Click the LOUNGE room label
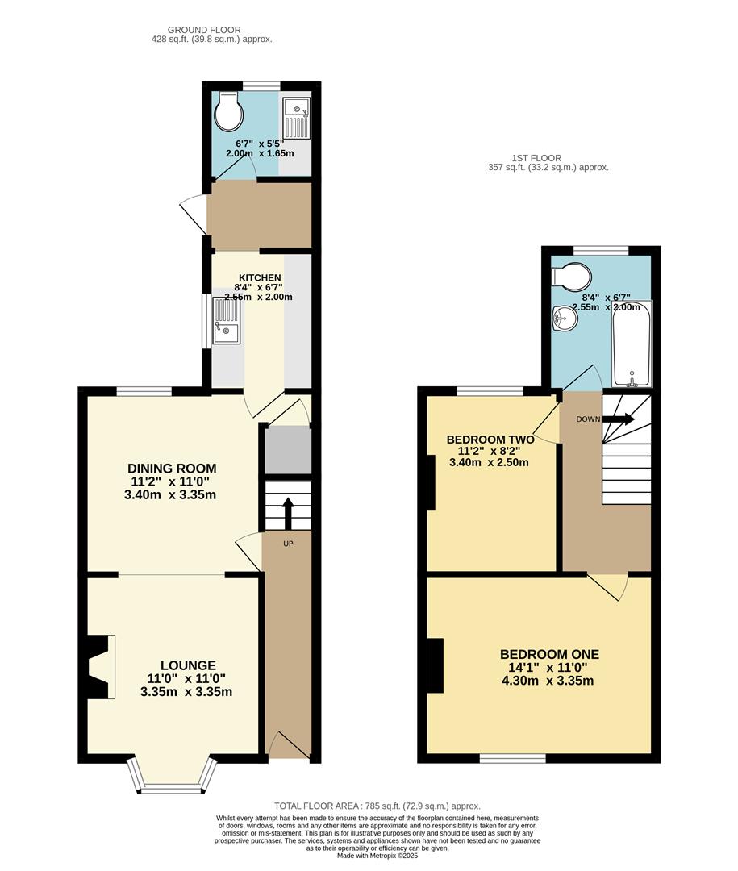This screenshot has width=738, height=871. click(x=187, y=665)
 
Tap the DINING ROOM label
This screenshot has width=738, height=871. click(x=171, y=469)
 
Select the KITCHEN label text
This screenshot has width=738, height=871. click(x=260, y=277)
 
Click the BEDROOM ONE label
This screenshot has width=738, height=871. click(x=549, y=654)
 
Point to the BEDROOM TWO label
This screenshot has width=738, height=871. click(x=489, y=440)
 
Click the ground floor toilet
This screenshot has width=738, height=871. click(x=228, y=113)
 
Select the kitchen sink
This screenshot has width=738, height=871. click(x=227, y=320)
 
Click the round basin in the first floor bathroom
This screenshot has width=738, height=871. click(x=565, y=319)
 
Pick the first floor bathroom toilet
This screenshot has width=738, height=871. click(x=574, y=277)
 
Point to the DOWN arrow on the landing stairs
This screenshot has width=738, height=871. click(x=619, y=419)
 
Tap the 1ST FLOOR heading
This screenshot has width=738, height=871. click(x=536, y=158)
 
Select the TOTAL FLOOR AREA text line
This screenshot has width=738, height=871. click(x=377, y=806)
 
